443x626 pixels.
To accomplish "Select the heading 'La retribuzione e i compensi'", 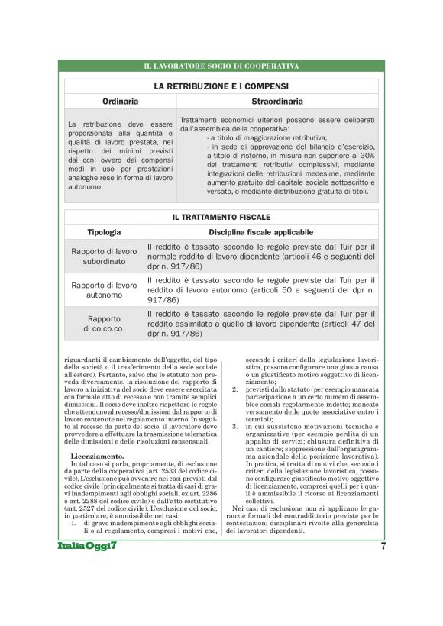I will tap(221, 86).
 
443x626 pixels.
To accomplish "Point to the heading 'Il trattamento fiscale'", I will tap(221, 218).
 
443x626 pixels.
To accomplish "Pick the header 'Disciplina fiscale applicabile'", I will tap(260, 232).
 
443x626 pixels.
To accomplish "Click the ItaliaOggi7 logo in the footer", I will tap(90, 547).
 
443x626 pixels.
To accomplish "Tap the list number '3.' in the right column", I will tap(235, 426).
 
